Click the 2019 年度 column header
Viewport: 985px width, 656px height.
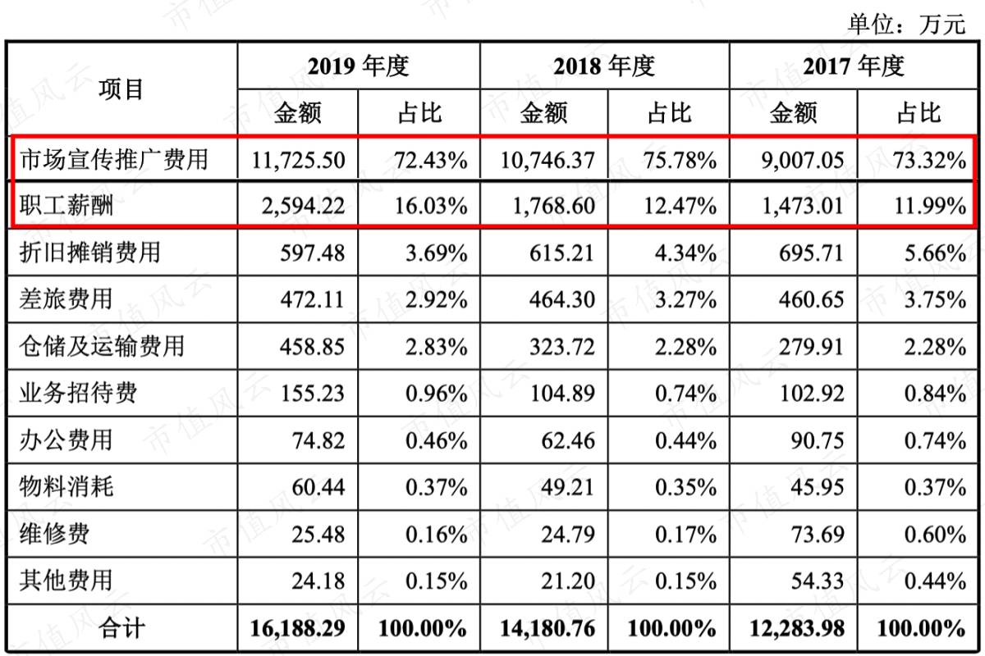tap(358, 66)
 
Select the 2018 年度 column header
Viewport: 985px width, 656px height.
tap(604, 66)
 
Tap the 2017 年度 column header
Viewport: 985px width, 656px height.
tap(854, 66)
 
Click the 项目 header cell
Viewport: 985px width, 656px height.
tap(121, 89)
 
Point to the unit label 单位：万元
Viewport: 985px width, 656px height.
tap(906, 24)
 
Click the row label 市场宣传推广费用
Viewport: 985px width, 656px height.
tap(113, 159)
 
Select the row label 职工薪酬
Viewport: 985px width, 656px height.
tap(66, 206)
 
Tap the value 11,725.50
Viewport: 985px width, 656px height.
tap(298, 160)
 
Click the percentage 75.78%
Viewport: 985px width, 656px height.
tap(680, 160)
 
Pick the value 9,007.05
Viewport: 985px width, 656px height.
tap(803, 160)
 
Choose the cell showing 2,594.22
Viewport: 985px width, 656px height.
tap(304, 206)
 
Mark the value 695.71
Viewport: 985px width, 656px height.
tap(811, 253)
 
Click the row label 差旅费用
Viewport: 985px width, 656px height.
tap(66, 299)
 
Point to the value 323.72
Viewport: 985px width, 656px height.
tap(562, 347)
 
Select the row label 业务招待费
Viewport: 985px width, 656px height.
tap(78, 393)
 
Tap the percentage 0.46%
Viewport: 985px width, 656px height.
tap(436, 440)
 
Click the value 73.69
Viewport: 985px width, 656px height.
tap(818, 535)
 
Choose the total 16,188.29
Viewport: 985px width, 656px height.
tap(298, 628)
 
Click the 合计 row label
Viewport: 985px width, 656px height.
tap(121, 628)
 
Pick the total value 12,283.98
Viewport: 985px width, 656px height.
tap(797, 628)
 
